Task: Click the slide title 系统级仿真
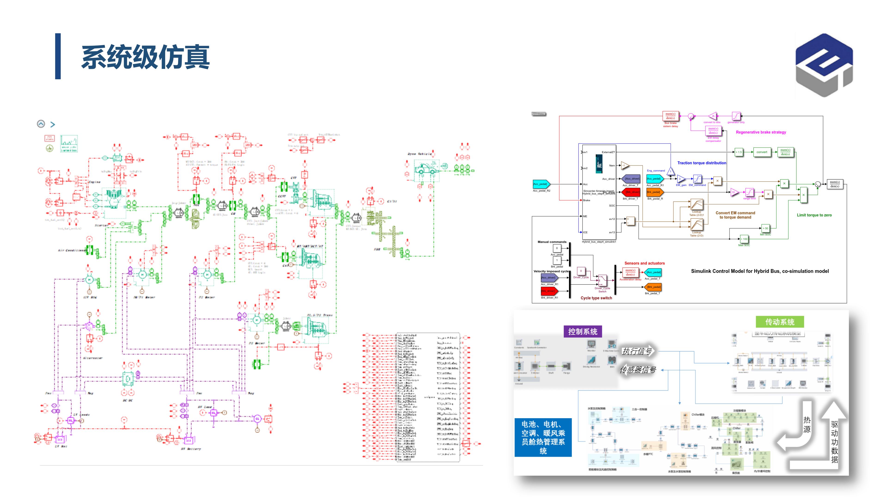pyautogui.click(x=145, y=57)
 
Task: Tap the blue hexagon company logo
pyautogui.click(x=824, y=65)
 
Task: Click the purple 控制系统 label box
pyautogui.click(x=583, y=332)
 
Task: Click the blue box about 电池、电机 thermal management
pyautogui.click(x=543, y=437)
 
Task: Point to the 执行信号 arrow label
pyautogui.click(x=637, y=351)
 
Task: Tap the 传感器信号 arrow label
pyautogui.click(x=638, y=370)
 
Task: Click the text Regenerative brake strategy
pyautogui.click(x=761, y=132)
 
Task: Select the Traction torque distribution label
pyautogui.click(x=702, y=163)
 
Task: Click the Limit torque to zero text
pyautogui.click(x=814, y=215)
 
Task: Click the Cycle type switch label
pyautogui.click(x=596, y=298)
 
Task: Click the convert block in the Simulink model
pyautogui.click(x=761, y=152)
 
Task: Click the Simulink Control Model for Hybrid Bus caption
pyautogui.click(x=759, y=271)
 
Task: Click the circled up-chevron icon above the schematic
pyautogui.click(x=41, y=124)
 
